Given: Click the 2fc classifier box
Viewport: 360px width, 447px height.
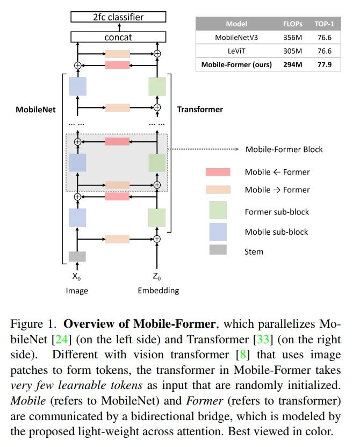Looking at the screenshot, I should click(118, 17).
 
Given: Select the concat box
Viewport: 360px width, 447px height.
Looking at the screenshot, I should click(118, 37).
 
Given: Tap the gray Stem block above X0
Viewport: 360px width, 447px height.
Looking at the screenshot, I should click(77, 256).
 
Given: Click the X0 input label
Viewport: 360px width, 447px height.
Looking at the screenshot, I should click(77, 277).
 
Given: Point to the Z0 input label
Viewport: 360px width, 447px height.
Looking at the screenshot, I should click(157, 277).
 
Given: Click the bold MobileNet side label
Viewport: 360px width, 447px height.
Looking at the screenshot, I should click(35, 109).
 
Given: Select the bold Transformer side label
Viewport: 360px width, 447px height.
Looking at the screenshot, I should click(200, 109).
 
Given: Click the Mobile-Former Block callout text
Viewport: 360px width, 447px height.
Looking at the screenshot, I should click(284, 149).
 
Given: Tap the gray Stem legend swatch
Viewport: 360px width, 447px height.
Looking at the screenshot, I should click(218, 250).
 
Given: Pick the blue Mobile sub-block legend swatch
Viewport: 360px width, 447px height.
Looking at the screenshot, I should click(218, 232).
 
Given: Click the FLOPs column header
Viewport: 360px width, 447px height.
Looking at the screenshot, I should click(293, 24).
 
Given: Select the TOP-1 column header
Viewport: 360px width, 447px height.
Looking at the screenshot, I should click(325, 24).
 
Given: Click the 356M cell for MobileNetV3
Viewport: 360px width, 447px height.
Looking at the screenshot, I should click(293, 38).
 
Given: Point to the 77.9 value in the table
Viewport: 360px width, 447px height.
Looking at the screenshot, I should click(325, 65).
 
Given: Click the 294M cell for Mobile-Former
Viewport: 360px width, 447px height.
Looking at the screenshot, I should click(293, 65).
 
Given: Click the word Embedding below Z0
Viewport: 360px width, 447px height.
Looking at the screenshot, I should click(157, 291).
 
